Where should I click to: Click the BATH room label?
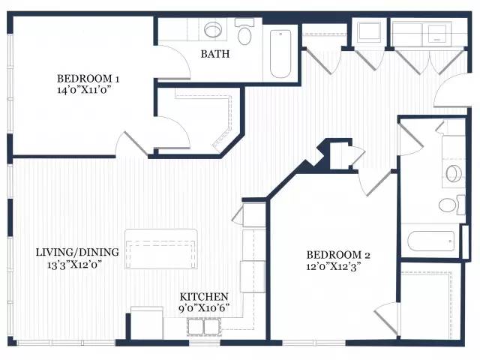click(x=215, y=54)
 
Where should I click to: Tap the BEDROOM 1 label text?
click(x=88, y=78)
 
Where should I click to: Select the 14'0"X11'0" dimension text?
click(x=83, y=90)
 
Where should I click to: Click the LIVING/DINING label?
click(x=77, y=252)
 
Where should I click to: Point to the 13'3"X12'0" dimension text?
click(x=74, y=264)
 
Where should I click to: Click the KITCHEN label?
click(x=204, y=297)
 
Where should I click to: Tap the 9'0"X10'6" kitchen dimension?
click(x=204, y=308)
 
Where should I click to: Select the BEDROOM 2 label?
click(x=338, y=255)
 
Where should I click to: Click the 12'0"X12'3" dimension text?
click(x=333, y=266)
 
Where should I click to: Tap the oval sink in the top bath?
click(x=213, y=30)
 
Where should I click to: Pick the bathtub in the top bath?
click(x=280, y=53)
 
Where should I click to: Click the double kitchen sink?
click(x=204, y=327)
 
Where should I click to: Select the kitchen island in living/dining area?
click(x=161, y=249)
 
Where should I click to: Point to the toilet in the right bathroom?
click(x=451, y=205)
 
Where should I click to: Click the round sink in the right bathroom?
click(x=453, y=174)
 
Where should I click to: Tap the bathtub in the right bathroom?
click(x=431, y=241)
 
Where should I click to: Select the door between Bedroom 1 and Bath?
click(x=174, y=61)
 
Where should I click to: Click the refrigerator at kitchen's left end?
click(x=147, y=323)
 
